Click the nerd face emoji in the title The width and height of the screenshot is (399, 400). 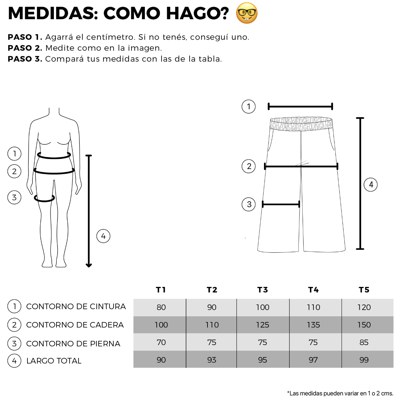pos(246,13)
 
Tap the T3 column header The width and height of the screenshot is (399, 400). pos(262,289)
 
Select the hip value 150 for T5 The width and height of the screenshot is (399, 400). pos(364,325)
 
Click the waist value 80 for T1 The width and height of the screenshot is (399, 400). pos(161,307)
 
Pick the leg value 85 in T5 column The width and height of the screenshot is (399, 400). pos(364,342)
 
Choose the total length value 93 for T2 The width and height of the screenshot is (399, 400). pos(212,360)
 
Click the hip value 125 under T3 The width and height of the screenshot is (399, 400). pos(262,325)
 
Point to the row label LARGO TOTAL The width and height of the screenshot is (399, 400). pos(54,361)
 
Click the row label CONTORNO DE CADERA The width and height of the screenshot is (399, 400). pos(75,325)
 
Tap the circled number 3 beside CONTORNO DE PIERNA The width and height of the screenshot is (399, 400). pos(14,343)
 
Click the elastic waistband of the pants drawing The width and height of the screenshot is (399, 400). pos(301,124)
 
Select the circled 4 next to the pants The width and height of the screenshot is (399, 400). pos(371,185)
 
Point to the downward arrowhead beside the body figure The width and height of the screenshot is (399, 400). pos(89,265)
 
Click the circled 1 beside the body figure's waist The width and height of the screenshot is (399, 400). pos(14,154)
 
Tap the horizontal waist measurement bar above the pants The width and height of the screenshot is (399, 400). pos(300,107)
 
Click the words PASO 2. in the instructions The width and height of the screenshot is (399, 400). pos(25,48)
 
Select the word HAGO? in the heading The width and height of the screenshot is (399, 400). pos(197,13)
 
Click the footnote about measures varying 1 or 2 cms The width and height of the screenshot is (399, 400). pos(340,393)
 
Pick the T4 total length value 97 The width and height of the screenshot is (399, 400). pos(313,360)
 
